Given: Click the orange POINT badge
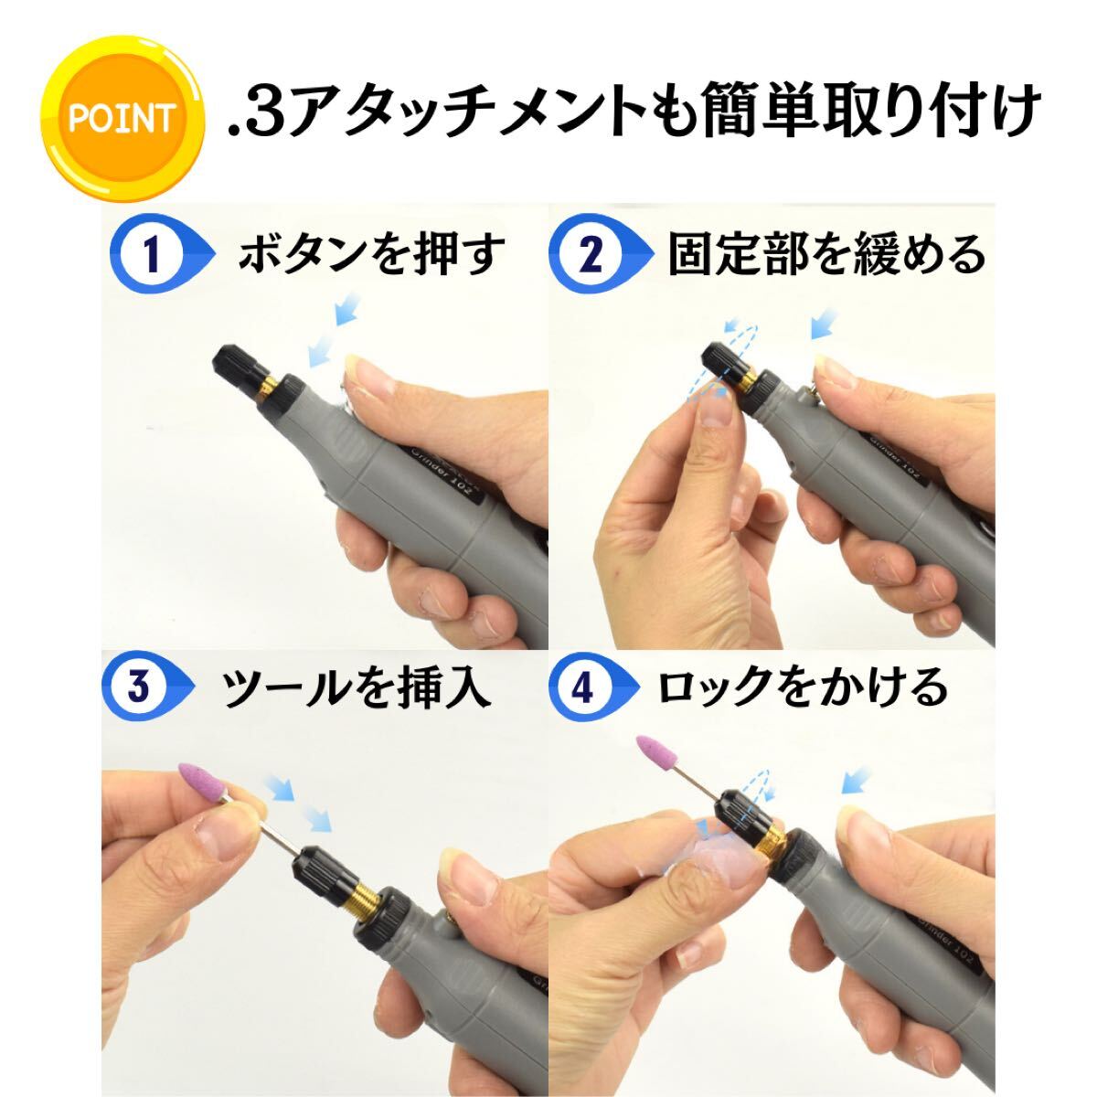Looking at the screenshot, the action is pos(122,119).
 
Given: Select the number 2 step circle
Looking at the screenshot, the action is pos(592,255).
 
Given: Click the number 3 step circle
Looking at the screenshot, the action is pos(139,685).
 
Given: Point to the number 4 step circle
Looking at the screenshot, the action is pos(581,685).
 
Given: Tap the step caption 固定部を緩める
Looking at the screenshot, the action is pos(825,255).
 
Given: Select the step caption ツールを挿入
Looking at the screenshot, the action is pos(357,687).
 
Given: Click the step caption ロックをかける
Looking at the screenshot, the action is pos(803,687).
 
